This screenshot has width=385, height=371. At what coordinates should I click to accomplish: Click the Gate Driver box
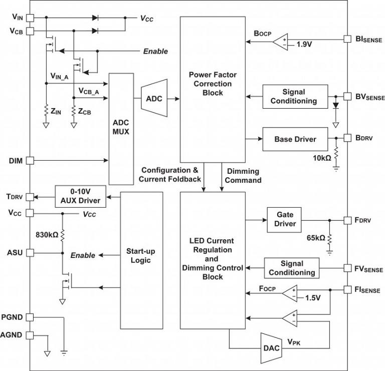[x=285, y=219]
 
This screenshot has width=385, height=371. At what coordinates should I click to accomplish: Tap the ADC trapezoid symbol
[x=154, y=99]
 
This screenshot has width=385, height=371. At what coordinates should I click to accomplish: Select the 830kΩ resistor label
[x=47, y=234]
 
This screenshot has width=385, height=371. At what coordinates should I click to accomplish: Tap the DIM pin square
[x=30, y=160]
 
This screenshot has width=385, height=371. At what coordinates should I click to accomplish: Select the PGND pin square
[x=30, y=317]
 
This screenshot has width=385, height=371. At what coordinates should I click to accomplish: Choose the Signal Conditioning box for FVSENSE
[x=292, y=268]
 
